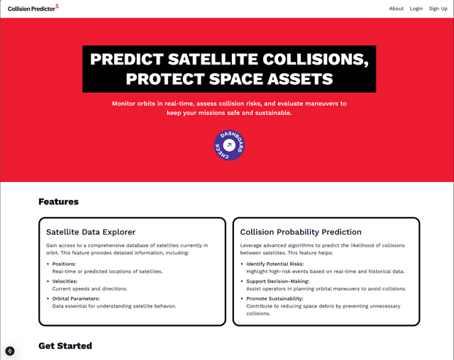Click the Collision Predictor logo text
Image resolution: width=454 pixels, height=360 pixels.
[31, 9]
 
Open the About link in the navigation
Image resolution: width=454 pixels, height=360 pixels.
[397, 9]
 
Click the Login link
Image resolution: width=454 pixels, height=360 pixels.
[416, 9]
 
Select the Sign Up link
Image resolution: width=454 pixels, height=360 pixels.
[438, 9]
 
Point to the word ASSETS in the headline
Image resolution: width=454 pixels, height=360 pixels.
[292, 78]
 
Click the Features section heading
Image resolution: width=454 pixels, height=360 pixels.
[58, 202]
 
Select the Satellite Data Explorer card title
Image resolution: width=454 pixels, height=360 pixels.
[91, 232]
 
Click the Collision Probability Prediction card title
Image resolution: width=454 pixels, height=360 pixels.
[301, 232]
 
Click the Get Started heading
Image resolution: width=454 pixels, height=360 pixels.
[65, 346]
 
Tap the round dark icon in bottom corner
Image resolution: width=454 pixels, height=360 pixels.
[10, 351]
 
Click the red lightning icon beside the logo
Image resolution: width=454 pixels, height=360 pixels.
[57, 7]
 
